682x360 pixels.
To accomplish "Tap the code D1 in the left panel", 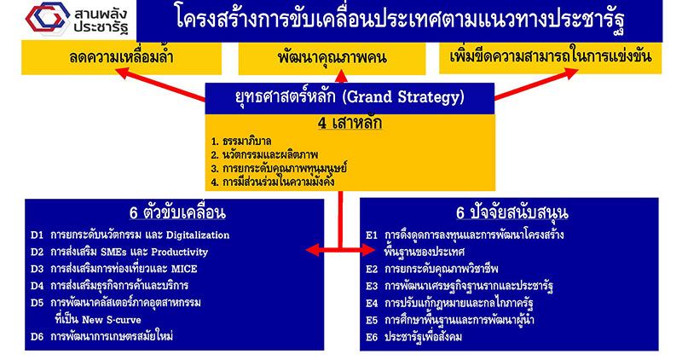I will point(37,235).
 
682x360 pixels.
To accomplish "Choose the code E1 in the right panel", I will point(372,235).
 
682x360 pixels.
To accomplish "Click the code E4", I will point(372,303).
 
